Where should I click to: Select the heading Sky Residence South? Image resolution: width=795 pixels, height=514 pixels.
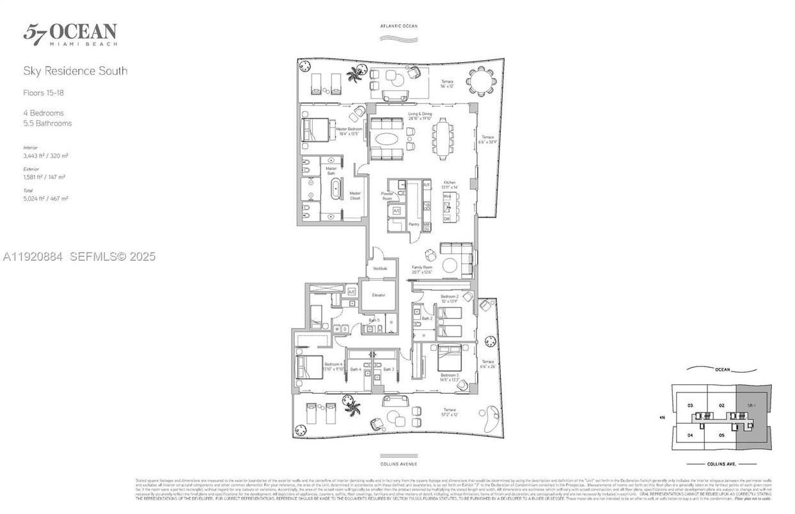(75, 71)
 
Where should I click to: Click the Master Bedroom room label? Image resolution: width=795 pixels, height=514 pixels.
(349, 130)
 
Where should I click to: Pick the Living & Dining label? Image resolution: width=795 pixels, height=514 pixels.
(420, 116)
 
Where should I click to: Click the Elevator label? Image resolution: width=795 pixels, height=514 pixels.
(378, 295)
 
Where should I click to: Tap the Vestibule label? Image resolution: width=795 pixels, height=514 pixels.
(380, 269)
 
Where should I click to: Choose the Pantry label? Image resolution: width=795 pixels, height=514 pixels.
(414, 224)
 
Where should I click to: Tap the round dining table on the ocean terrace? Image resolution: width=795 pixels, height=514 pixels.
(479, 81)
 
